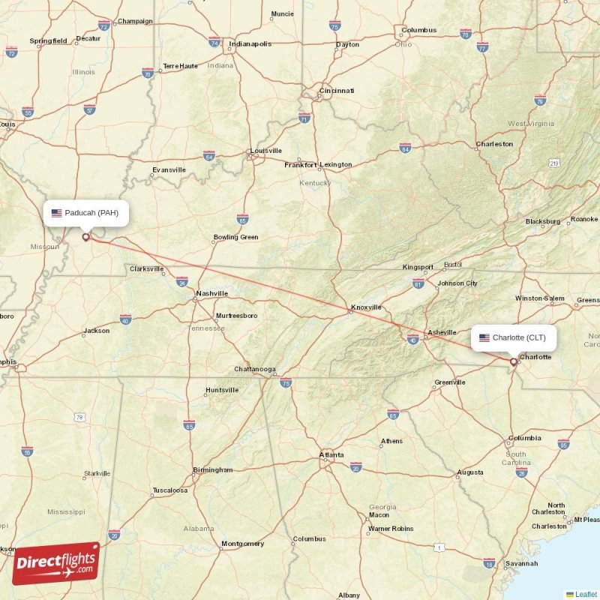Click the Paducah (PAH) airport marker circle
point(85,237)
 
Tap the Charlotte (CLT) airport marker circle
point(514,361)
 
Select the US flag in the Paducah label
point(56,213)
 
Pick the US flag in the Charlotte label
point(484,338)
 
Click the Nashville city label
point(212,293)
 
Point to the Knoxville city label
point(366,307)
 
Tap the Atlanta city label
point(331,454)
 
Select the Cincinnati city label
point(337,91)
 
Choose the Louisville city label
point(266,151)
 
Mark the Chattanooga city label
point(255,369)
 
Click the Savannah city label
point(521,563)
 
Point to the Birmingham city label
point(213,470)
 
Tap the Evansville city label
point(169,169)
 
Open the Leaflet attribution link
point(586,594)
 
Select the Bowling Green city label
point(235,237)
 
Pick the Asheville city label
point(442,332)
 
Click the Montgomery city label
point(242,544)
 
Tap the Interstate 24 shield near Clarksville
point(182,283)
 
